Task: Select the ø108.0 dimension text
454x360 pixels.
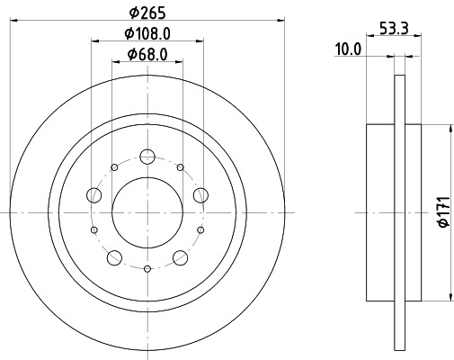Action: [147, 34]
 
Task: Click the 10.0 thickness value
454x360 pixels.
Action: [348, 50]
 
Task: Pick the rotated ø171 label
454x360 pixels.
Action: [441, 212]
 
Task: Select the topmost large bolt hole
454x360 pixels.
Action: [147, 155]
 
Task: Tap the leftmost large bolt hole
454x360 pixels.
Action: [93, 193]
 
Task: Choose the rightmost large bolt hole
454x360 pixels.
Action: [201, 193]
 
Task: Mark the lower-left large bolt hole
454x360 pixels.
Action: [114, 258]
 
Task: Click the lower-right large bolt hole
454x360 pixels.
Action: [181, 258]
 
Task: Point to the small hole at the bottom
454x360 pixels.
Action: [147, 268]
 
